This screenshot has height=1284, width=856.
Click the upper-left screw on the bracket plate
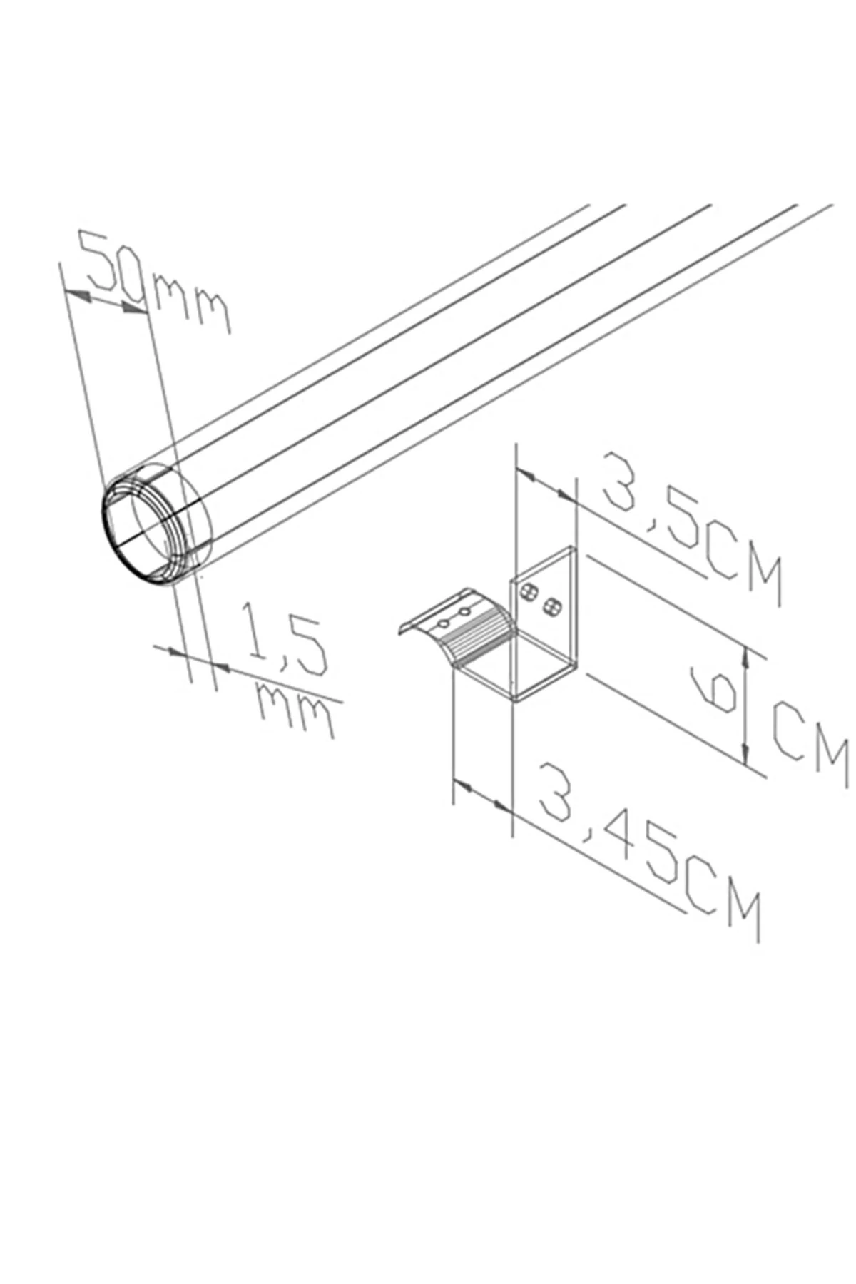(x=529, y=591)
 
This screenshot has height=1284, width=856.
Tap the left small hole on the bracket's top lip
(x=443, y=623)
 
